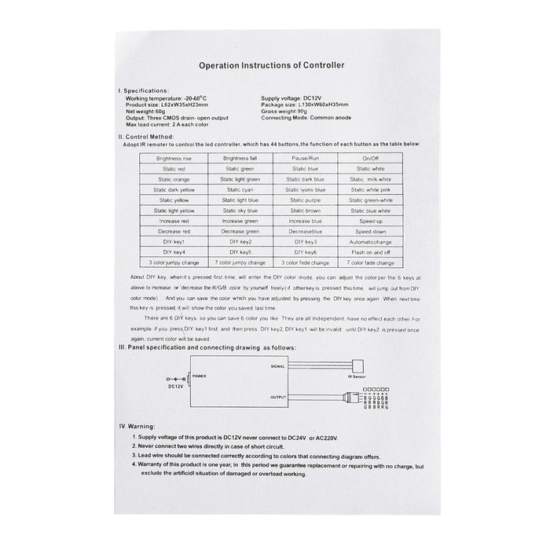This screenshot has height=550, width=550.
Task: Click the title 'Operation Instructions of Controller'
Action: tap(275, 68)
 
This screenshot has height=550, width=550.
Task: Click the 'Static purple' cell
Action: tap(306, 200)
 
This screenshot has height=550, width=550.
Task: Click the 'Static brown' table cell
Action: tap(306, 211)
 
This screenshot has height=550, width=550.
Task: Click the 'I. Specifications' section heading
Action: tap(142, 90)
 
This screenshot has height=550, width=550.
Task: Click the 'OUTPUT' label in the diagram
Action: tap(279, 398)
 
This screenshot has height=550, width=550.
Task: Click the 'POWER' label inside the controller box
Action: tap(202, 376)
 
